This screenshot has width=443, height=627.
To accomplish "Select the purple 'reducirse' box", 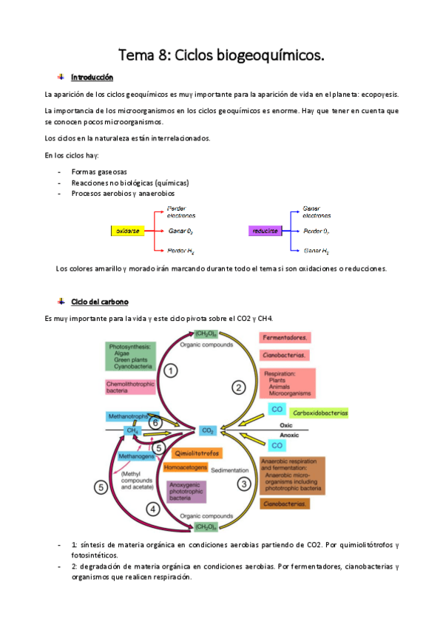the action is pyautogui.click(x=266, y=231).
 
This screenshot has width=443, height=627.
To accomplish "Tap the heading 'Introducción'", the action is pyautogui.click(x=92, y=77).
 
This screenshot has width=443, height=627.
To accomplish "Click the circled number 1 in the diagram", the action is pyautogui.click(x=170, y=370).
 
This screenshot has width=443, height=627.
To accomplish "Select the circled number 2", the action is pyautogui.click(x=238, y=386).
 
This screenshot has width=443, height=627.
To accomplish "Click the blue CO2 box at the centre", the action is pyautogui.click(x=206, y=430).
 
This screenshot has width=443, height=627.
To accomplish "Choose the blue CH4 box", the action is pyautogui.click(x=133, y=430).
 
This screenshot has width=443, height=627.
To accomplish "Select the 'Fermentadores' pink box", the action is pyautogui.click(x=286, y=338).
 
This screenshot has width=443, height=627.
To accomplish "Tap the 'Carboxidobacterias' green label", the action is pyautogui.click(x=319, y=412).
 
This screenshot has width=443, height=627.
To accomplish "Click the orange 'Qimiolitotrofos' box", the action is pyautogui.click(x=197, y=453).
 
